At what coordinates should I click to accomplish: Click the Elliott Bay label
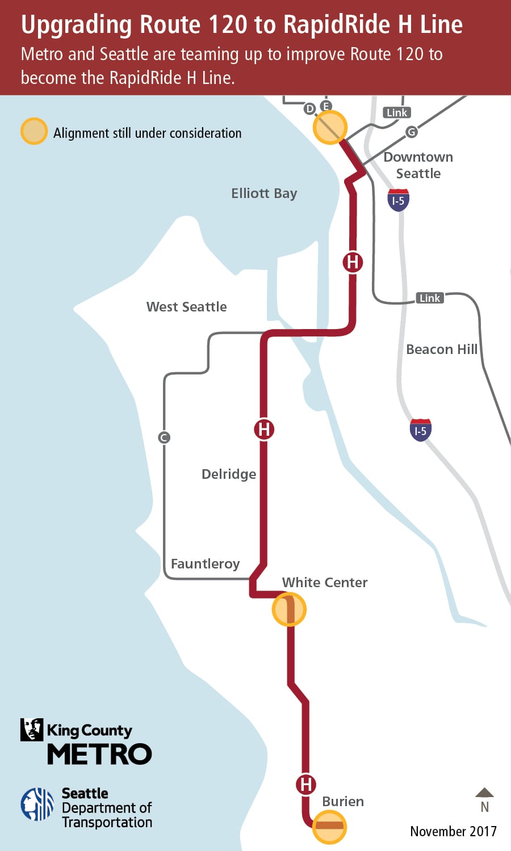(264, 193)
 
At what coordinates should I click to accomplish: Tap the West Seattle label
(186, 307)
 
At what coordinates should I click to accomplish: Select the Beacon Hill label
(442, 349)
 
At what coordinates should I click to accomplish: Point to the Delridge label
(229, 474)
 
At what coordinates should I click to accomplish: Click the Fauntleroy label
(205, 564)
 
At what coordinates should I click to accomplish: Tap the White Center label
(325, 583)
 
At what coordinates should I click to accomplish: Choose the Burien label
(343, 802)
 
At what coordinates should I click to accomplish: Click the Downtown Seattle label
(418, 165)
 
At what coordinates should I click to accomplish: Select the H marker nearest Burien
(305, 785)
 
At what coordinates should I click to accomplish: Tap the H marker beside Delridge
(264, 429)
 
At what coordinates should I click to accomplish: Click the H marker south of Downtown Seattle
(353, 262)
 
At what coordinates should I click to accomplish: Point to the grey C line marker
(164, 437)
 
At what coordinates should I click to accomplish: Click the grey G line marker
(412, 132)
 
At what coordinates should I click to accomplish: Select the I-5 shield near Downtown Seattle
(398, 200)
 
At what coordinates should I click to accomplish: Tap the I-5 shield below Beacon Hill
(420, 431)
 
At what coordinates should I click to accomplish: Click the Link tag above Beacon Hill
(429, 298)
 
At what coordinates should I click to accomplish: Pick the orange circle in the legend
(34, 132)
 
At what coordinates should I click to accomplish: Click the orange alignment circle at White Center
(289, 609)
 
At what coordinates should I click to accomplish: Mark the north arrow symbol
(484, 793)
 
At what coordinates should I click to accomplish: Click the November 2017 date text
(453, 831)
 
